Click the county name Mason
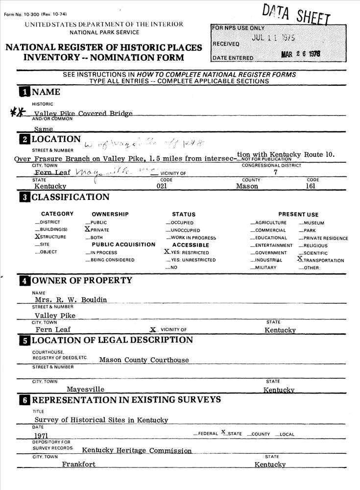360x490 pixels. (247, 186)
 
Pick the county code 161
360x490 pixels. (310, 186)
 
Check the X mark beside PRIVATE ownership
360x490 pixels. (88, 229)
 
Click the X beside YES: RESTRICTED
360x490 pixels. (167, 252)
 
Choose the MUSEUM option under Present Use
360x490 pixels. (313, 222)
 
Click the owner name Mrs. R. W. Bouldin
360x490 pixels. (71, 299)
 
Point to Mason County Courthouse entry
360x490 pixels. (144, 360)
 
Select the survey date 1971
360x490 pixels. (41, 435)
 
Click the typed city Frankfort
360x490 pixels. (78, 464)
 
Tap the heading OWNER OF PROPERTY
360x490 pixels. (82, 280)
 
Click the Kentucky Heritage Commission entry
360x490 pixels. (137, 450)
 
